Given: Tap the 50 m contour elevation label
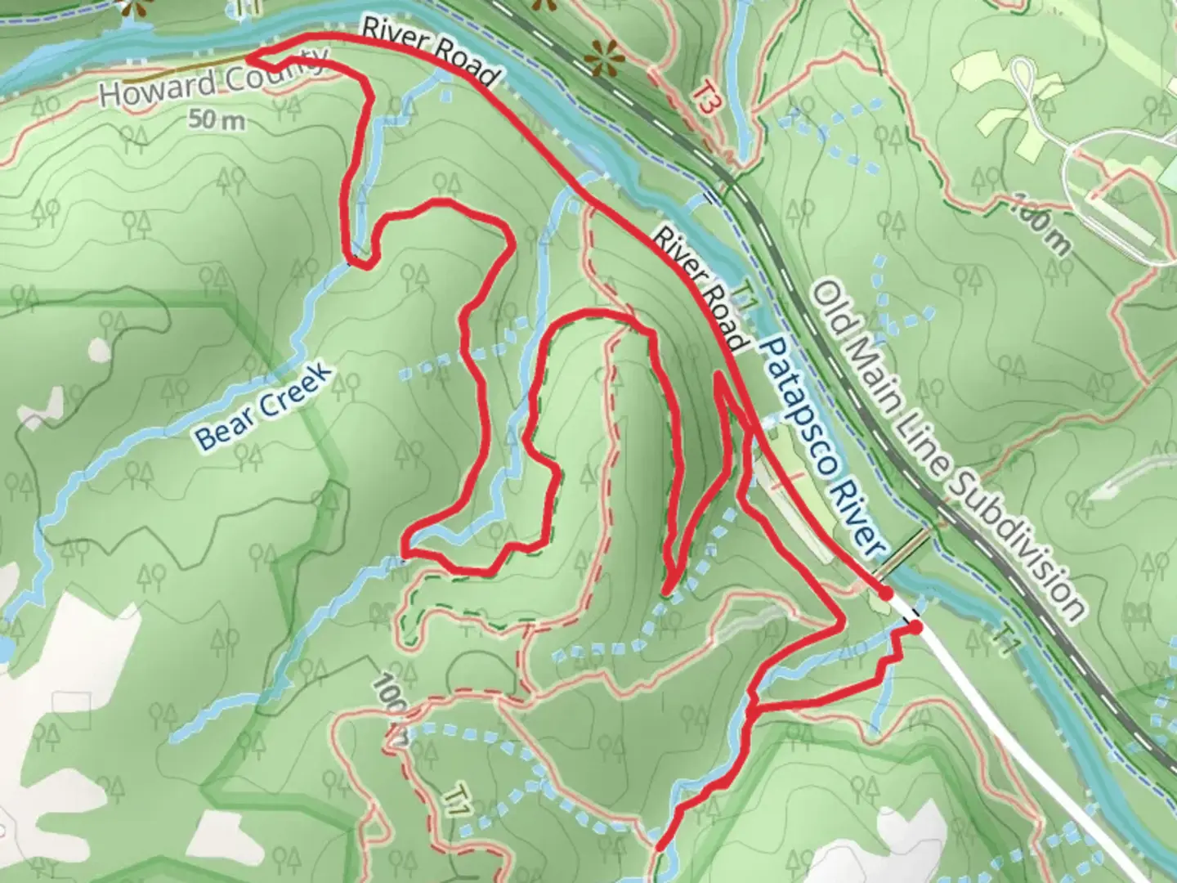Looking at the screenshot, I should [217, 120].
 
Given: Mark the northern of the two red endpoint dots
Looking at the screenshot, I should [884, 592].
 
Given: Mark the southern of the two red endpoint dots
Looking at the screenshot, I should [915, 627].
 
